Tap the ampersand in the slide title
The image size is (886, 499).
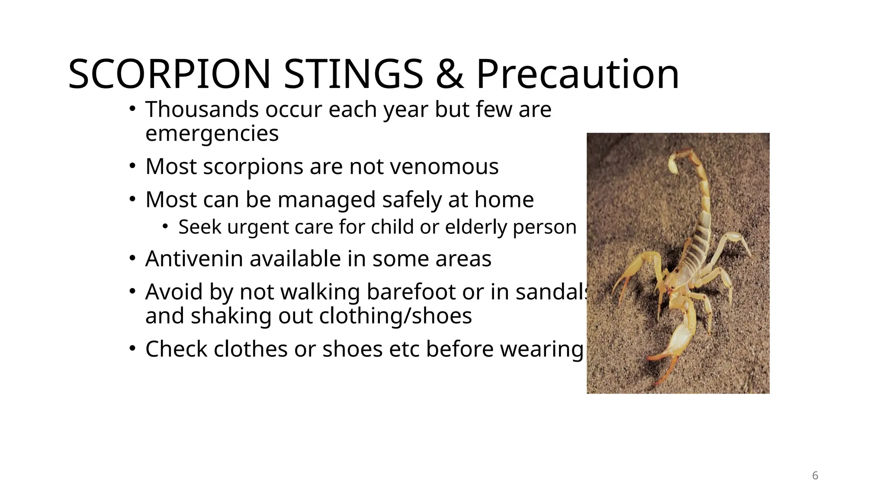pyautogui.click(x=449, y=75)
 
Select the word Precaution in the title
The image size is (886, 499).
pyautogui.click(x=578, y=75)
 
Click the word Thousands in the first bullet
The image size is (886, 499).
pyautogui.click(x=202, y=109)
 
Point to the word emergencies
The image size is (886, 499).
pyautogui.click(x=212, y=134)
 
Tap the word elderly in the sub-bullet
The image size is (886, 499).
pyautogui.click(x=475, y=227)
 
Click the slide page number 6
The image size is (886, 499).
pyautogui.click(x=815, y=476)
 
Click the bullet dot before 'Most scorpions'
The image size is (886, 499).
pyautogui.click(x=132, y=166)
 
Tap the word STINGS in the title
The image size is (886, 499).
pyautogui.click(x=353, y=75)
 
